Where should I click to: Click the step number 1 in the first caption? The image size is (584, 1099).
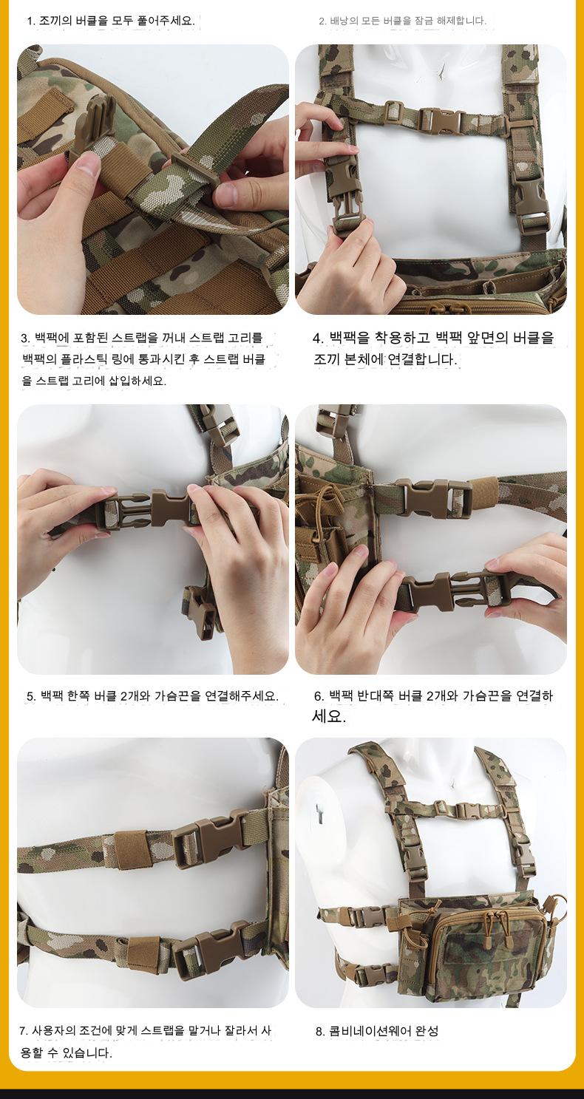tap(31, 21)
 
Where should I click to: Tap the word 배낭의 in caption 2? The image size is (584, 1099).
tap(344, 21)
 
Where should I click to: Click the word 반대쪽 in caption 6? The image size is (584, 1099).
tap(376, 695)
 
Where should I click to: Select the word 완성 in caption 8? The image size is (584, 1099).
tap(427, 1031)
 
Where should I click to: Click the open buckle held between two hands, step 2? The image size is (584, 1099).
tap(346, 197)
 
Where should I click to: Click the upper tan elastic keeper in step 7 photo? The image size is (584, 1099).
tap(129, 850)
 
